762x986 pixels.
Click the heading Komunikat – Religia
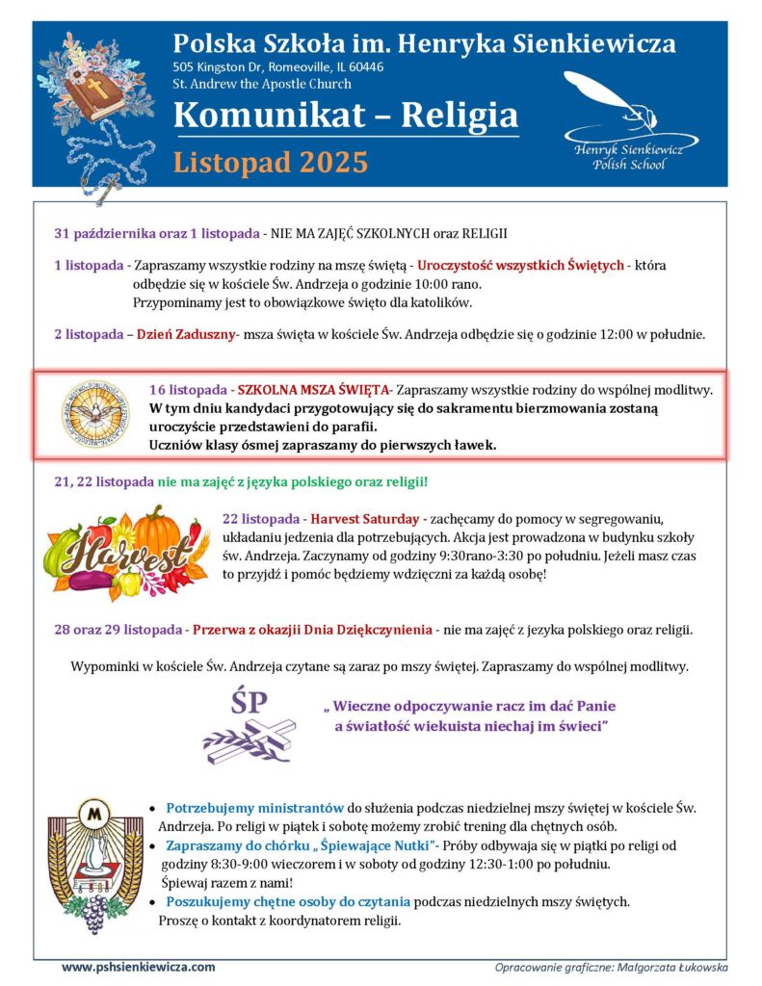coord(346,117)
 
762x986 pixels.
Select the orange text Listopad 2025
coord(271,162)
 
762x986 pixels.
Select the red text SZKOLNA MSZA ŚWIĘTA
coord(313,390)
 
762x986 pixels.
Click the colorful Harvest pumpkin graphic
coord(126,553)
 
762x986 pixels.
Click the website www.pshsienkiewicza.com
coord(139,966)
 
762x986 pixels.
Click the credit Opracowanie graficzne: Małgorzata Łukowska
coord(611,967)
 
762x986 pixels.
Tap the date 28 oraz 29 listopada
coord(118,630)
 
